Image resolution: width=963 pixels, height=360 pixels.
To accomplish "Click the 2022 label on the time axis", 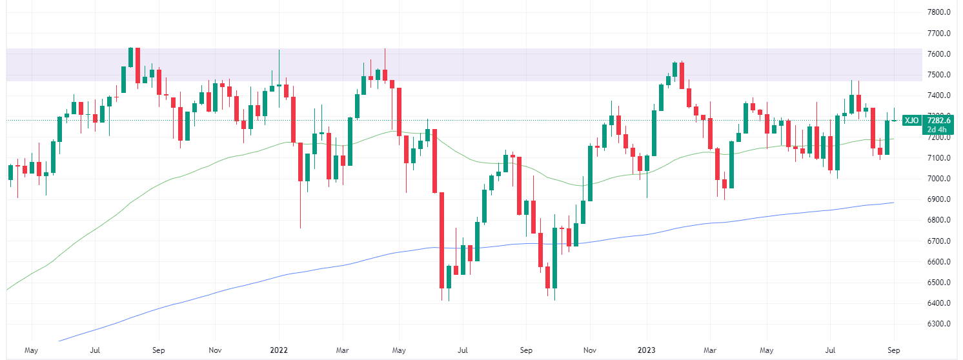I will [279, 350].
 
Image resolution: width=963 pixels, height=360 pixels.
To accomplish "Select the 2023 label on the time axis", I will [647, 350].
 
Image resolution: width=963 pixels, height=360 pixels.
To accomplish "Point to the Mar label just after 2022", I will [343, 350].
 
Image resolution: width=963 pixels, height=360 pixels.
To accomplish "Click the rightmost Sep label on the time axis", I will [894, 350].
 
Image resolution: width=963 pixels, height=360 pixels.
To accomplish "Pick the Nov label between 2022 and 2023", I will [589, 350].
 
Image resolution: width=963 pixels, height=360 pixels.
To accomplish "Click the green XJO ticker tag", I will [911, 120].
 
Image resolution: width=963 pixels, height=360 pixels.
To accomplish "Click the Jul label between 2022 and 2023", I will [462, 350].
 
